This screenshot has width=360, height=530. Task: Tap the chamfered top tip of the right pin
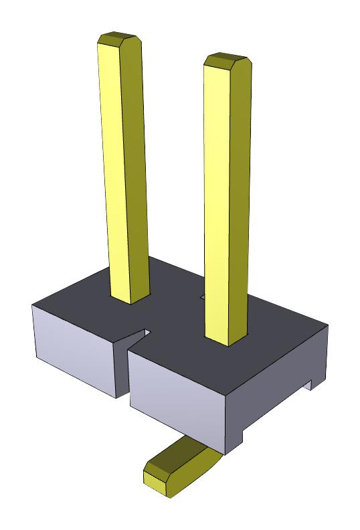pos(227,62)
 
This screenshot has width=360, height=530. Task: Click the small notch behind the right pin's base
pos(202,294)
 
